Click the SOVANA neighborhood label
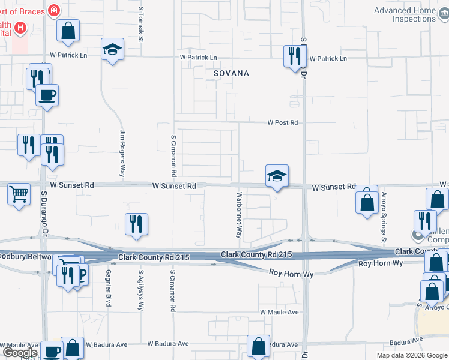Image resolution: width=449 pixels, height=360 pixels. pos(231,73)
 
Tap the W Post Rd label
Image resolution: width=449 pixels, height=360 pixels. pos(282,122)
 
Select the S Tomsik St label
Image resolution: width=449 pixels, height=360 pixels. pos(142,24)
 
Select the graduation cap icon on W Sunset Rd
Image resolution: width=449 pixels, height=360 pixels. pos(277,176)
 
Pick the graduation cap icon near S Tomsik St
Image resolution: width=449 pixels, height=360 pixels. pos(112,50)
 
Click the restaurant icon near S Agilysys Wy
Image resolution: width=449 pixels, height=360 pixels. pos(136,224)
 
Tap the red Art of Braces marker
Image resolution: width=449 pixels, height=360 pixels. pos(54,10)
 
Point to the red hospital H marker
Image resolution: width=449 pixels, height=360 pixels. pos(20,28)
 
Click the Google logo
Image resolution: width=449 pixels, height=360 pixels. pos(20,353)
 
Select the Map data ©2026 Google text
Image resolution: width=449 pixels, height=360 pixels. pos(411,355)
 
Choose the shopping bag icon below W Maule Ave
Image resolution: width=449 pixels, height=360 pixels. pos(259,346)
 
